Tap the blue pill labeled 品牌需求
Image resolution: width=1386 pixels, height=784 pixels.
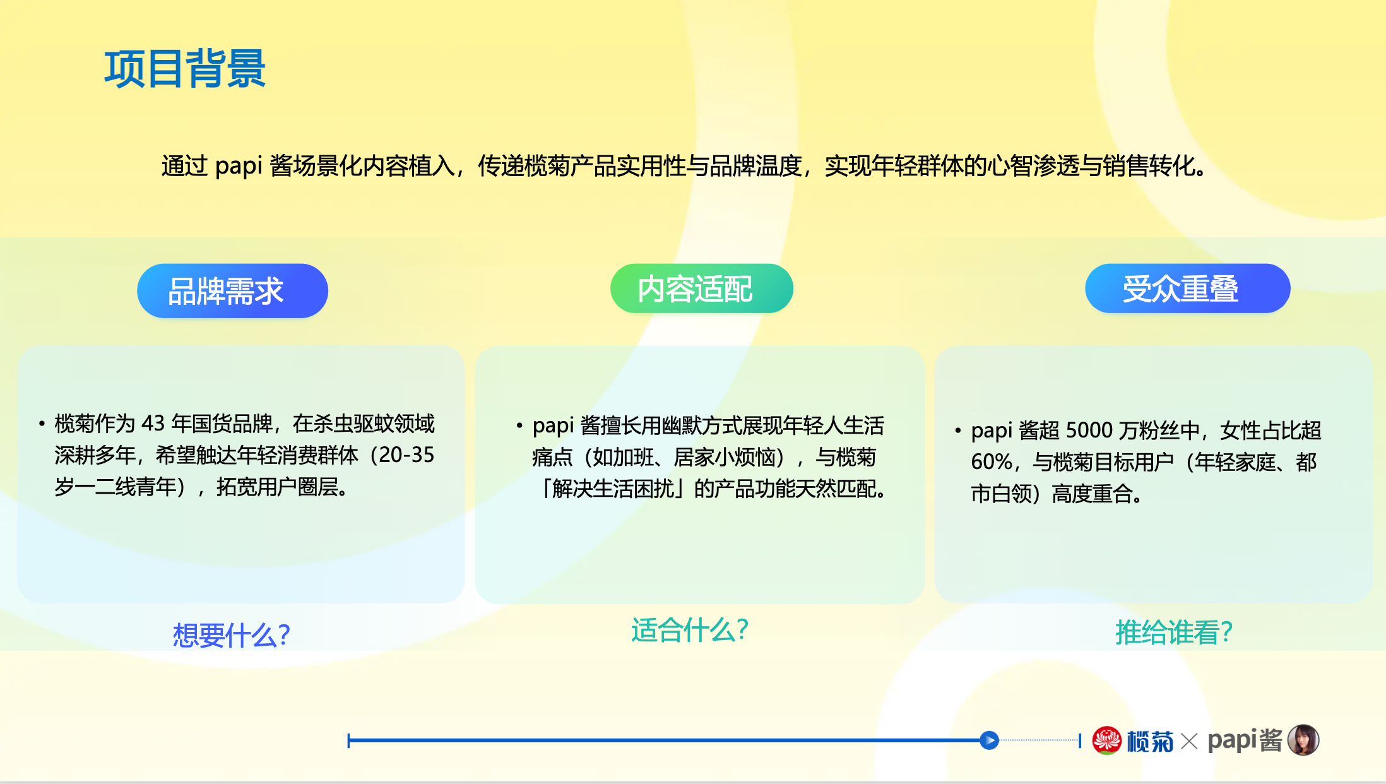(232, 291)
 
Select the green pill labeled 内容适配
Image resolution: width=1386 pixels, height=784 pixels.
(701, 288)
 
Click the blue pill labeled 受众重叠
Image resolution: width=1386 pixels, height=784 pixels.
(1187, 288)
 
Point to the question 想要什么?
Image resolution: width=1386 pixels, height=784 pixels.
(232, 634)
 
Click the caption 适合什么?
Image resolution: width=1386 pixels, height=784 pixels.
(690, 630)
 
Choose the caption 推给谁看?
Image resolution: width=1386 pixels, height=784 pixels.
(1174, 632)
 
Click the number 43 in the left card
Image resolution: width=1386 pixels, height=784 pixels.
(153, 423)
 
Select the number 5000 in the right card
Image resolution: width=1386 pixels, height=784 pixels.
(1089, 430)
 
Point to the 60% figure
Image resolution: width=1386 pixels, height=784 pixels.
(992, 462)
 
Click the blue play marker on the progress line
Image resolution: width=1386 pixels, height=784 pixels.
(989, 740)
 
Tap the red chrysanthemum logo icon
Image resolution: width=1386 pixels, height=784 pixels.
(1106, 740)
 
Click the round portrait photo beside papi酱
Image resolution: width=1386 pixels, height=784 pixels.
(1303, 740)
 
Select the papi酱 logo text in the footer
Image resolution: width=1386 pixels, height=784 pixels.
(1245, 740)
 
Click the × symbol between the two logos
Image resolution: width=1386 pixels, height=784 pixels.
(1189, 741)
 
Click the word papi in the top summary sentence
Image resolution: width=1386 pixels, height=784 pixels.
(239, 166)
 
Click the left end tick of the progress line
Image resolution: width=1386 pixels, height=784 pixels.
(348, 740)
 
